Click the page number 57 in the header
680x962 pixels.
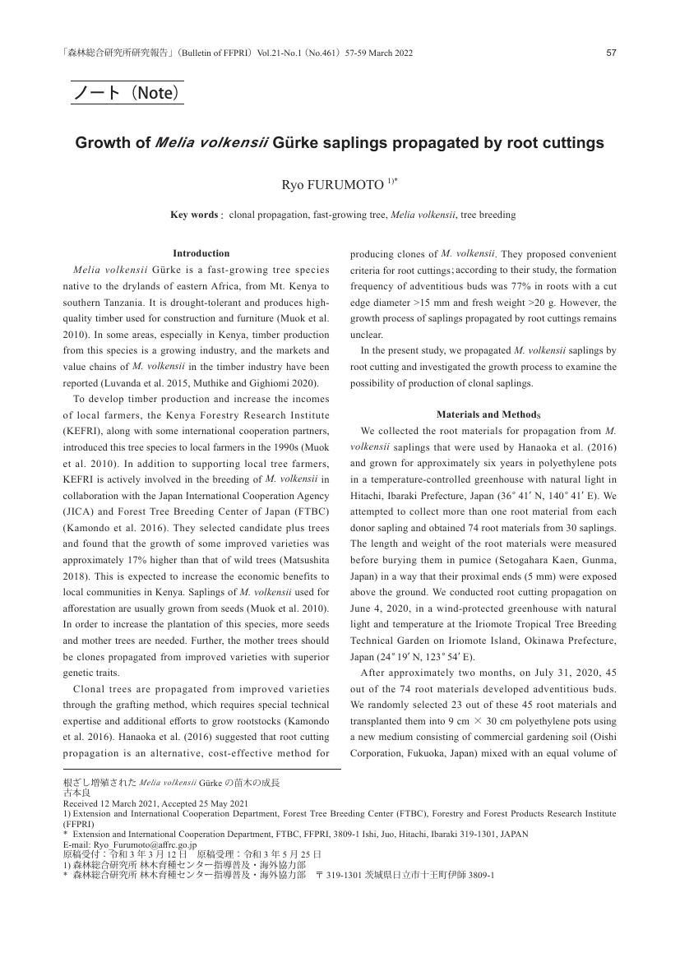pos(611,53)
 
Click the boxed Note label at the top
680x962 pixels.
pos(127,93)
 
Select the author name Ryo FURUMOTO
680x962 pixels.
pos(332,185)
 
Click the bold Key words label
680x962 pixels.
pos(194,215)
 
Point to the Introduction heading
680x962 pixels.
pos(201,253)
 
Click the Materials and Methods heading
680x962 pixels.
pos(483,414)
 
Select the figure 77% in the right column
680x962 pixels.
pos(572,287)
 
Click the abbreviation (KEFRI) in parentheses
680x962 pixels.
pos(85,431)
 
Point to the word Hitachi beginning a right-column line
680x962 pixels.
pos(368,496)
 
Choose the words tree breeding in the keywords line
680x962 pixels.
pos(488,215)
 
